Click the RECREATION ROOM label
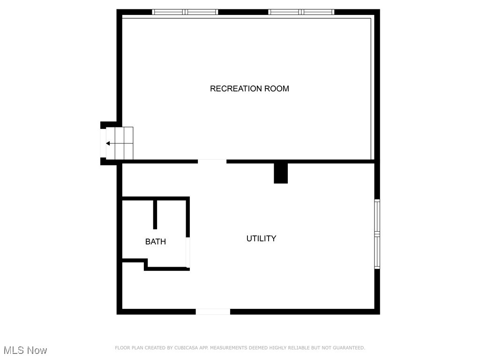pyautogui.click(x=249, y=89)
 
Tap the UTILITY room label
pyautogui.click(x=261, y=239)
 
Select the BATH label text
pyautogui.click(x=155, y=242)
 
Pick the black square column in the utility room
pyautogui.click(x=281, y=173)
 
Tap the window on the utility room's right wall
pyautogui.click(x=377, y=234)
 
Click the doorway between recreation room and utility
pyautogui.click(x=212, y=162)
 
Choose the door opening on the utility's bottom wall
pyautogui.click(x=213, y=311)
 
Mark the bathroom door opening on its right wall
pyautogui.click(x=188, y=253)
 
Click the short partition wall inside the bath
pyautogui.click(x=155, y=214)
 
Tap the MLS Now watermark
pyautogui.click(x=25, y=350)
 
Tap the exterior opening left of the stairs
pyautogui.click(x=103, y=143)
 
